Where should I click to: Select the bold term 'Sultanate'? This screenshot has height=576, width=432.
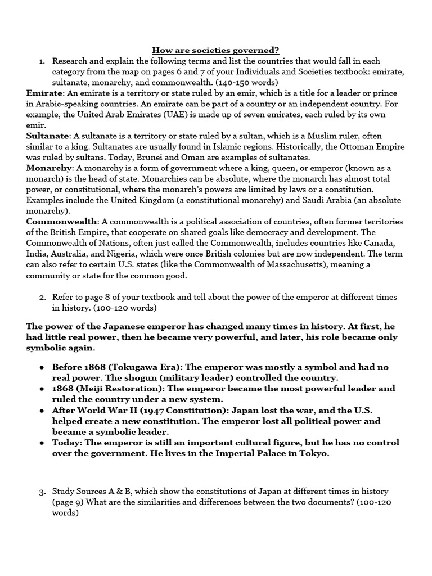pos(48,136)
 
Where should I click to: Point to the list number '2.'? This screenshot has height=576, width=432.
pos(42,297)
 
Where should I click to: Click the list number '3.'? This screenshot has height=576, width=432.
pos(42,492)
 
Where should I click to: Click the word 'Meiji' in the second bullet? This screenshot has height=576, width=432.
pos(93,389)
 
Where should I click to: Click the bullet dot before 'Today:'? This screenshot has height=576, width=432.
pos(42,443)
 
